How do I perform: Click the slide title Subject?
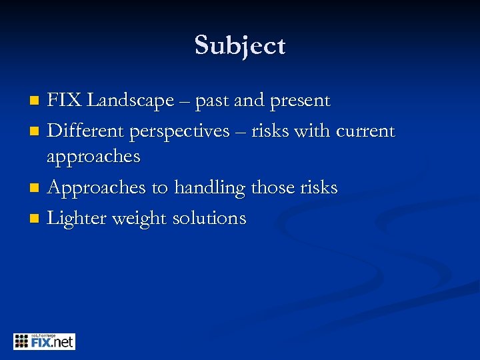click(240, 46)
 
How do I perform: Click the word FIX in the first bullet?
click(65, 101)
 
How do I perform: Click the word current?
click(365, 131)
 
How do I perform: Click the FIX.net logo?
click(44, 341)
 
